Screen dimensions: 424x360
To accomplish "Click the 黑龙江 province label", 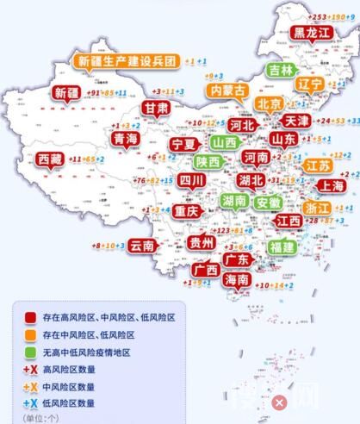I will pos(311,33).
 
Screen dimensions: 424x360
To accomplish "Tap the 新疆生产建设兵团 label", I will pos(127,62).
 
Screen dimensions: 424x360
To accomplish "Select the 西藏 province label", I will pos(51,159).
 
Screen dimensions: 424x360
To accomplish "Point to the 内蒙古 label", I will pos(228,90).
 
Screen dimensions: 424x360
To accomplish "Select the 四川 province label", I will pos(192,180).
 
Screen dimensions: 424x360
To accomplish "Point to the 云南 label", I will pos(141,246).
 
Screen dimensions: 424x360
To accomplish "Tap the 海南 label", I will pos(238,280).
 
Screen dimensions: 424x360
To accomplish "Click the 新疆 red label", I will pos(67,92).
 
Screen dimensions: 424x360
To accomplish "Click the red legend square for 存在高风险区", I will pos(30,318).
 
